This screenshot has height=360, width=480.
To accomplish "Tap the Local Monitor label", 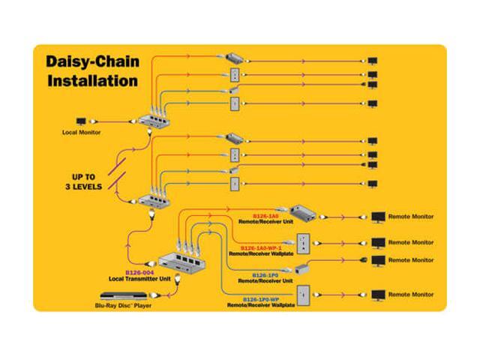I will pos(80,133).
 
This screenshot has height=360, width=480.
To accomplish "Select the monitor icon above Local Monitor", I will pos(82,120).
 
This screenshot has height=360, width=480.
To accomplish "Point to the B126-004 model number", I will pos(139,272).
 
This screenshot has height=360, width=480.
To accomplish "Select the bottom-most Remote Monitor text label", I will pos(410,294).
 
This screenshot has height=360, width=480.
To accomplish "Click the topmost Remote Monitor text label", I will pos(410,217).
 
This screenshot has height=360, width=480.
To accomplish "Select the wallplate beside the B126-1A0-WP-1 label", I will pos(304,242).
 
